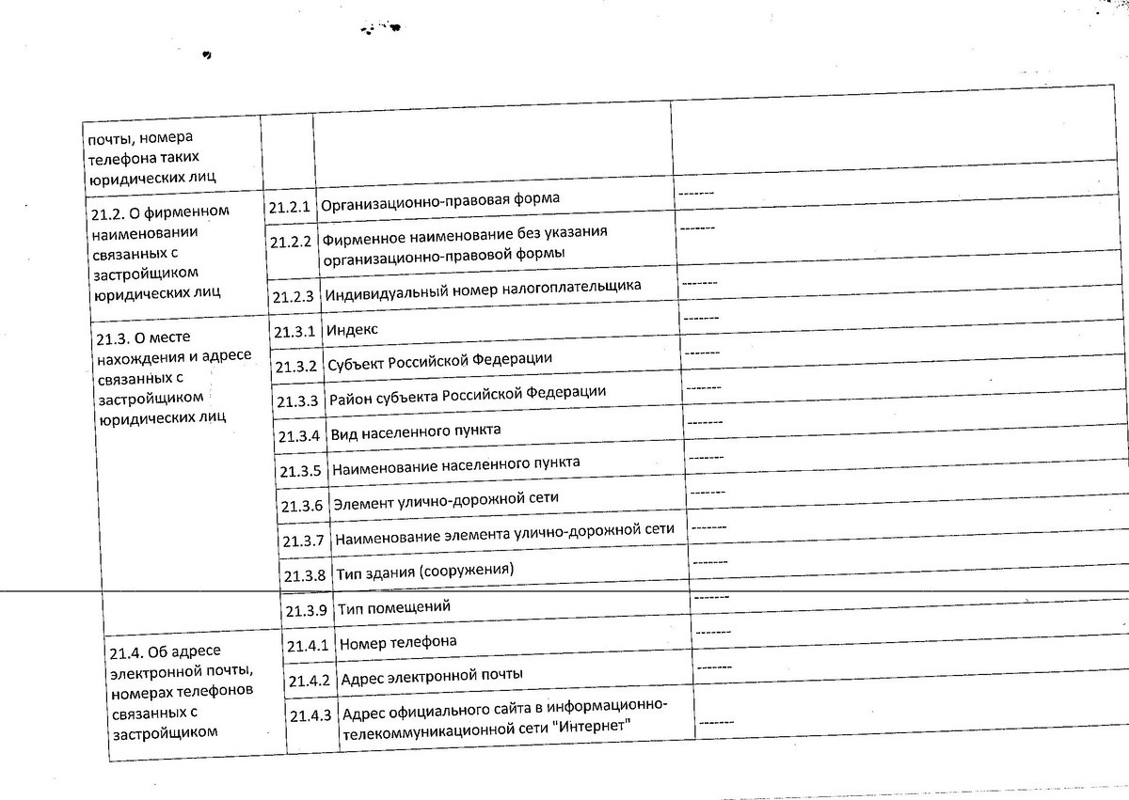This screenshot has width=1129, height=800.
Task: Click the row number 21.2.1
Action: click(290, 208)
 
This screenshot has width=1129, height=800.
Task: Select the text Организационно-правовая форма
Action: click(440, 201)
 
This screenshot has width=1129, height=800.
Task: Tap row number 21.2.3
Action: click(293, 296)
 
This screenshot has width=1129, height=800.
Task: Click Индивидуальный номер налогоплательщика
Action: click(484, 288)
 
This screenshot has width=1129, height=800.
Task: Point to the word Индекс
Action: click(352, 330)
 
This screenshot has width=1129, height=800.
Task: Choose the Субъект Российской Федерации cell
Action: click(439, 360)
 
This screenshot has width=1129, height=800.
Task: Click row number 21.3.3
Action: click(298, 400)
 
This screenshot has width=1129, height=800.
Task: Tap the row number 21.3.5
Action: click(301, 470)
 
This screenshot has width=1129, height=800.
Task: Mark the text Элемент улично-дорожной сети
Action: click(452, 497)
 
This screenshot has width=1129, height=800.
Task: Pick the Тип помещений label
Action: click(394, 606)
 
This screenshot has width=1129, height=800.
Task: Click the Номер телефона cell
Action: click(398, 642)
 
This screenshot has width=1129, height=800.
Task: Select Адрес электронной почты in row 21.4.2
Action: click(432, 676)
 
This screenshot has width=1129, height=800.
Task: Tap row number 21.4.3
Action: click(310, 715)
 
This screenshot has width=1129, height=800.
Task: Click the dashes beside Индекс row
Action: click(700, 319)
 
